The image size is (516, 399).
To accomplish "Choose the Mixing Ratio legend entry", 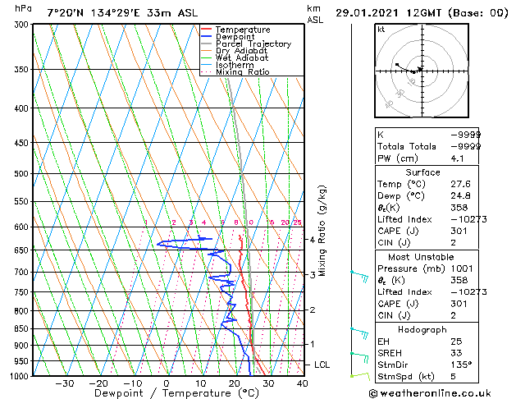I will click(242, 72).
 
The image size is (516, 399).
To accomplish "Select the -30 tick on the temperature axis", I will click(64, 383).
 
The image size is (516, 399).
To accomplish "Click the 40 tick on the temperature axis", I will click(302, 383).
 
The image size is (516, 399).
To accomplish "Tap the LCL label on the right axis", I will click(322, 364).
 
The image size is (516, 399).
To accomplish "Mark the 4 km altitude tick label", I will click(312, 240).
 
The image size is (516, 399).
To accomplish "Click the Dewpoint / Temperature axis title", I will click(166, 393).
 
